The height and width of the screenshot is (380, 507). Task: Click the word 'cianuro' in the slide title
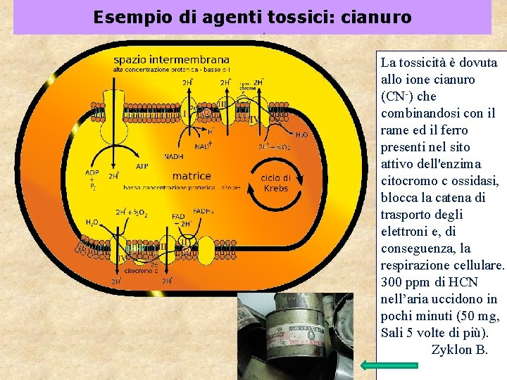pyautogui.click(x=376, y=17)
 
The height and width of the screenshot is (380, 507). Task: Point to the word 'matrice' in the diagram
pyautogui.click(x=192, y=175)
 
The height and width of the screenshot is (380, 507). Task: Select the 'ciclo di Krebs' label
pyautogui.click(x=275, y=183)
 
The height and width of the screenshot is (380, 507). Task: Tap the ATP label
pyautogui.click(x=143, y=167)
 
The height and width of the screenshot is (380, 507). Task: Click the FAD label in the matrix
pyautogui.click(x=180, y=216)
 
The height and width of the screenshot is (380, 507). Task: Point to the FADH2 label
pyautogui.click(x=203, y=210)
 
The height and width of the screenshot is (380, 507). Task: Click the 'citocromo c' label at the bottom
pyautogui.click(x=140, y=270)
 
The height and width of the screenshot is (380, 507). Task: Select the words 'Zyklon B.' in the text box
pyautogui.click(x=459, y=350)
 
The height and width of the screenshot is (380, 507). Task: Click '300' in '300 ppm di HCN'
pyautogui.click(x=392, y=282)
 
